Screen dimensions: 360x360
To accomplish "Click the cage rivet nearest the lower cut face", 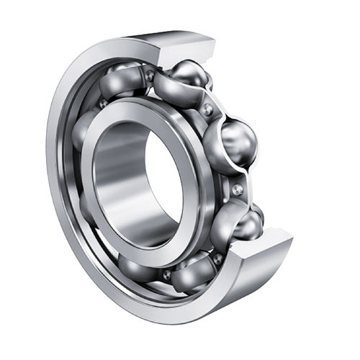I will [x=217, y=257].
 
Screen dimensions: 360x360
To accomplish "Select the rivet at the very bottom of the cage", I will [x=166, y=274].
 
